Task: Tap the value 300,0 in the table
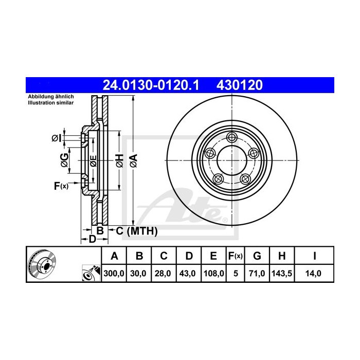[x=115, y=274]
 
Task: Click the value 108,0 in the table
[x=213, y=274]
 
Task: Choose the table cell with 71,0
[x=258, y=274]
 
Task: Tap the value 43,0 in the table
[x=189, y=274]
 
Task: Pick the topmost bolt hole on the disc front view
[x=232, y=137]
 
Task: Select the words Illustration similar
[x=51, y=103]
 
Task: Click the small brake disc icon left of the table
[x=43, y=265]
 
